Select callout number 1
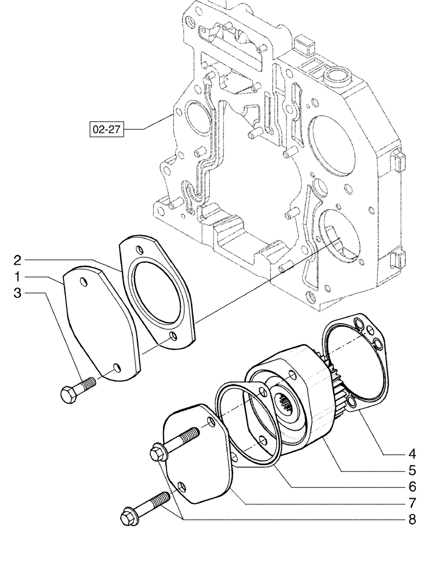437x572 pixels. (18, 277)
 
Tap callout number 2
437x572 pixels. (18, 260)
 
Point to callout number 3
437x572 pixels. (18, 294)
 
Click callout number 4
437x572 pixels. (412, 455)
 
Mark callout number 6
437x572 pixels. (412, 487)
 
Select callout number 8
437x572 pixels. (412, 520)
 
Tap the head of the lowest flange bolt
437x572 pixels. (128, 518)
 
